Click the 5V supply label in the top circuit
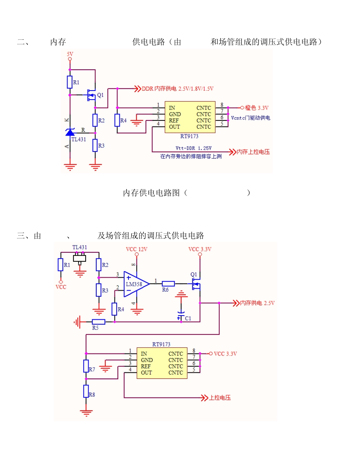tap(70, 54)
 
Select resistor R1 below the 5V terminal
tap(70, 82)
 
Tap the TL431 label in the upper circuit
tap(79, 139)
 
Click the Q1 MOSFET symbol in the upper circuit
tap(91, 95)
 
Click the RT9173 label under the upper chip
tap(189, 136)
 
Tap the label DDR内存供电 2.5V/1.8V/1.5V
tap(178, 89)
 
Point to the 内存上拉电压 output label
tap(253, 152)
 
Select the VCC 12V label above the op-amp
tap(136, 249)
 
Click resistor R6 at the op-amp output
tap(168, 283)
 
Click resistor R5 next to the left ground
tap(99, 322)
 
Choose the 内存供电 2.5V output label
tap(257, 303)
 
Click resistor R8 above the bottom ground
tap(86, 391)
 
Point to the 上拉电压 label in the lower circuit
tap(220, 398)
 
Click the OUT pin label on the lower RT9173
tap(146, 373)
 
